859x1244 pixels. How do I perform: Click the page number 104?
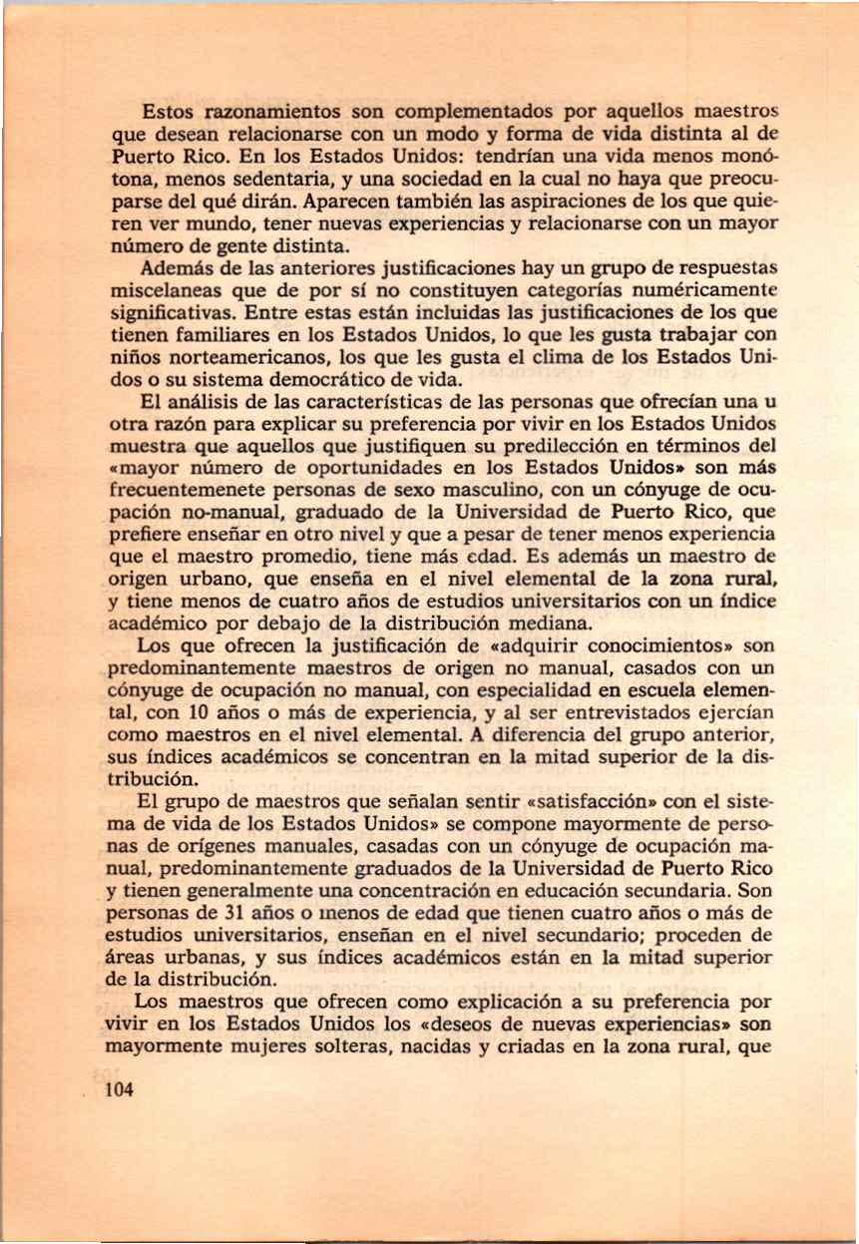pos(118,1090)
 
